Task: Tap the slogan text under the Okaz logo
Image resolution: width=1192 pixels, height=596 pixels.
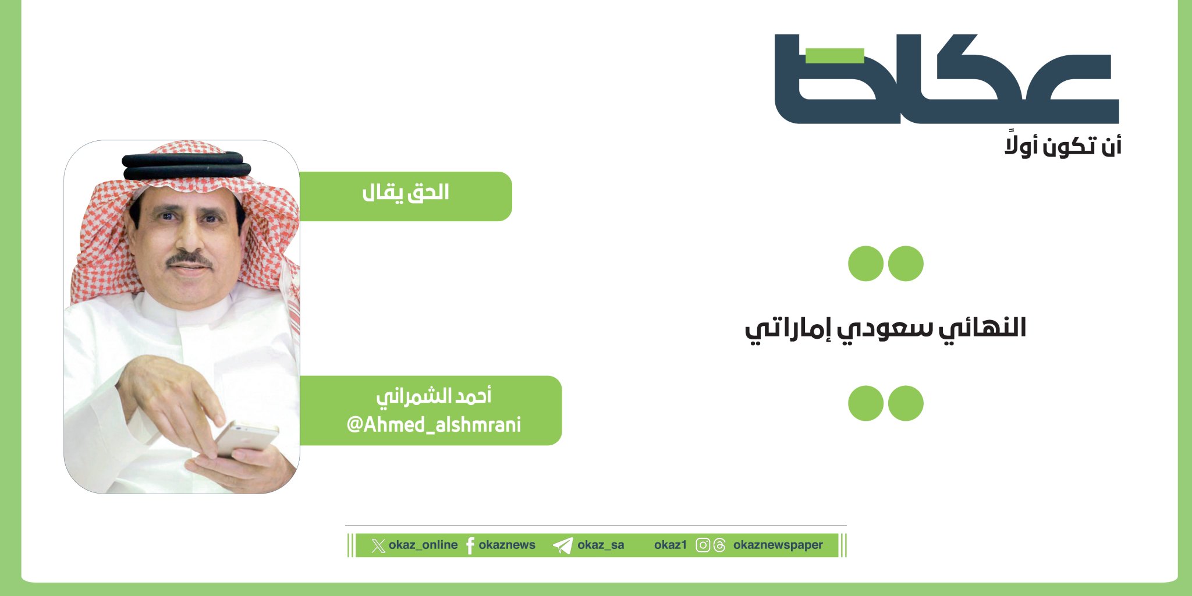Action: [x=1063, y=146]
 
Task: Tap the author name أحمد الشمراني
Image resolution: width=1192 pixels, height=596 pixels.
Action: [x=434, y=396]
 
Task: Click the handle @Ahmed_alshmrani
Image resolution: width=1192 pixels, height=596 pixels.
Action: [x=434, y=425]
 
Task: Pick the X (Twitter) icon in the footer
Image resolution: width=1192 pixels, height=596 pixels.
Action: [x=378, y=545]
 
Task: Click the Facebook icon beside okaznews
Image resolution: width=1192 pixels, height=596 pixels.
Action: [x=470, y=545]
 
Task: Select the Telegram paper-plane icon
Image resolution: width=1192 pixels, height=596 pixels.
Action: [x=563, y=545]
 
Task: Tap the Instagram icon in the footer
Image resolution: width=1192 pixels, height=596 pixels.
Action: [x=703, y=545]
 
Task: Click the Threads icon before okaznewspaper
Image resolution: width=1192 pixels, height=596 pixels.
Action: [x=720, y=545]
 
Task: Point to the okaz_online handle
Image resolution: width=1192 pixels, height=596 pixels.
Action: [x=423, y=545]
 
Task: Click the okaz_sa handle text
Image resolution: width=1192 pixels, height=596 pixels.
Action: [x=601, y=545]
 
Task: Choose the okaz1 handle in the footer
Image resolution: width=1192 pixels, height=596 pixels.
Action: [x=670, y=545]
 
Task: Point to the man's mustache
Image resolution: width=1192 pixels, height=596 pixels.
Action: [x=189, y=259]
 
